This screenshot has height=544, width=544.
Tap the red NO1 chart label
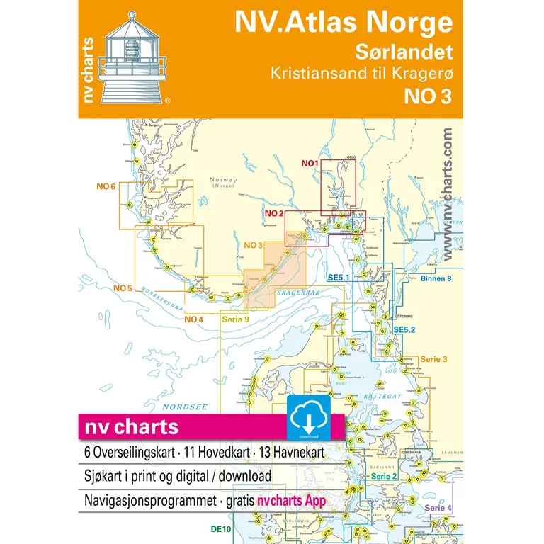click(310, 164)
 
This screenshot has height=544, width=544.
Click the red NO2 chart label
click(275, 213)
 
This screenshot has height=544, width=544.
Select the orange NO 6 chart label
click(106, 186)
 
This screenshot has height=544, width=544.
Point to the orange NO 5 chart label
click(123, 288)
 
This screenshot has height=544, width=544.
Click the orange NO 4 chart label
click(194, 319)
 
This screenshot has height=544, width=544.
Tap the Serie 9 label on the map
click(236, 319)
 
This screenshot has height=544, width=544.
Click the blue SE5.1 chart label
click(339, 278)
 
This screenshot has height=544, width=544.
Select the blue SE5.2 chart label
click(404, 329)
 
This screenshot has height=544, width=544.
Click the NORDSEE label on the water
click(175, 407)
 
